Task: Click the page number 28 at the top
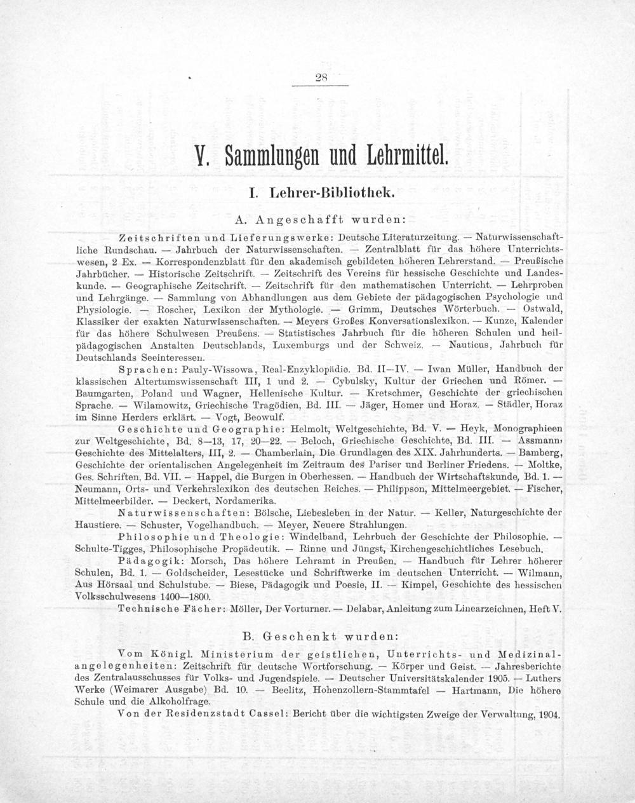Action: [x=321, y=78]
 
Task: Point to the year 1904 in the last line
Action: [x=547, y=714]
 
